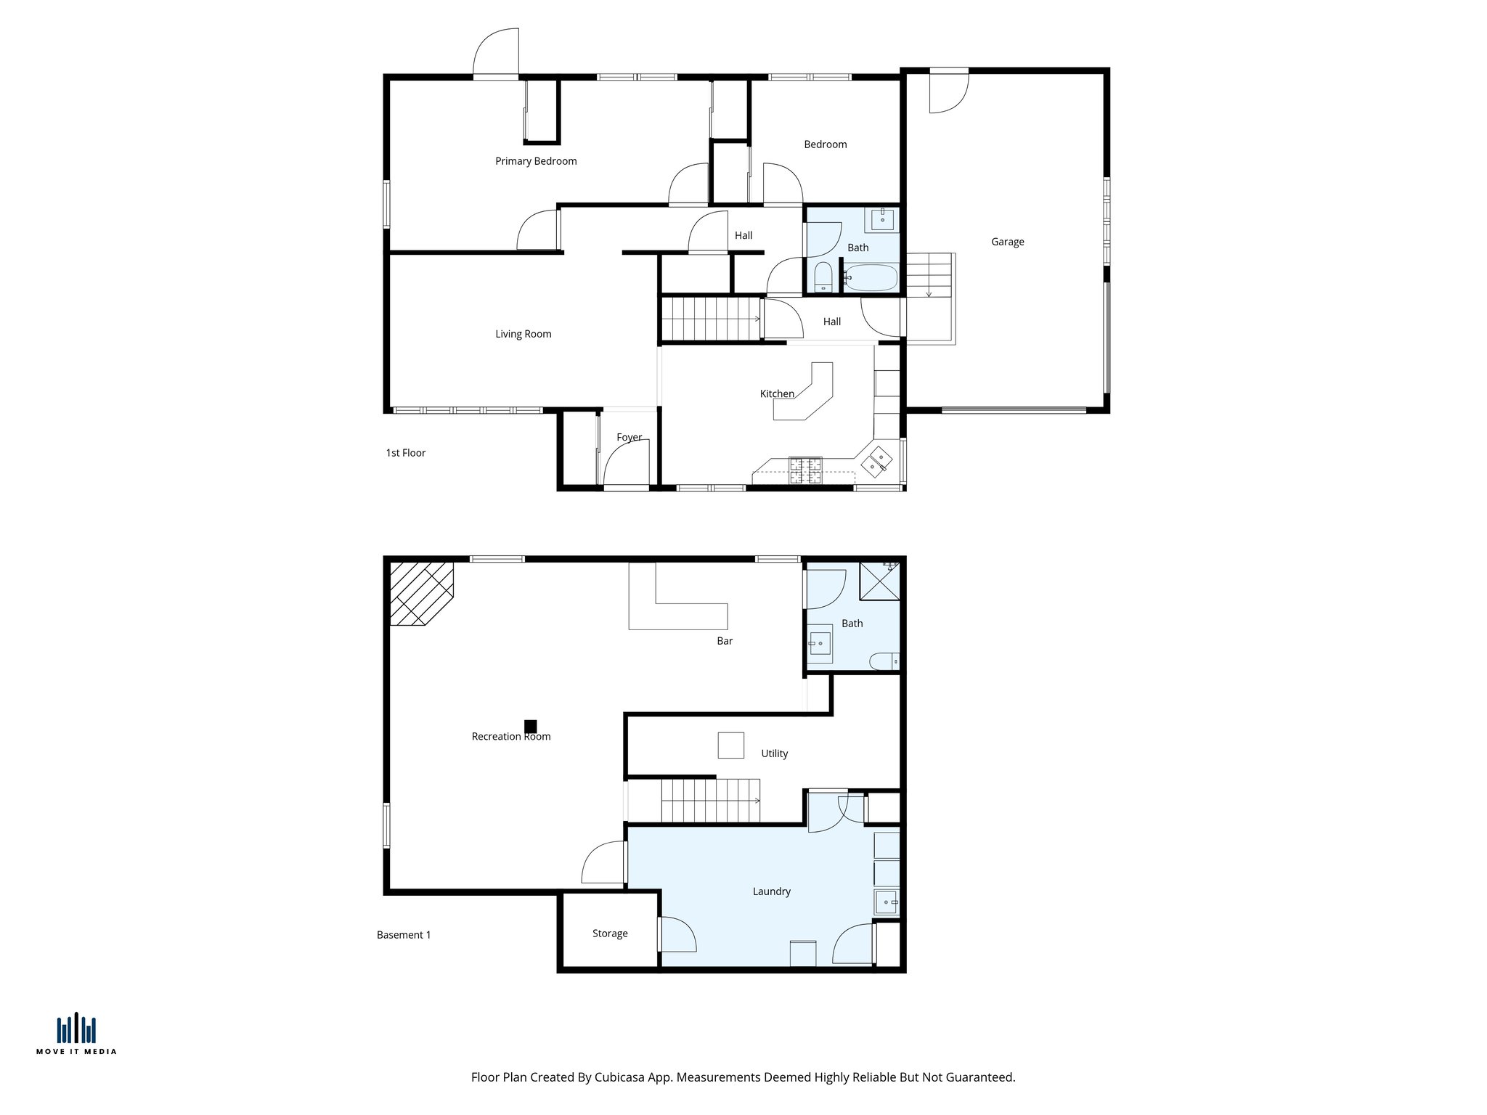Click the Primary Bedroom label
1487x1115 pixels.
point(536,161)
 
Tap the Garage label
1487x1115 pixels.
point(1007,242)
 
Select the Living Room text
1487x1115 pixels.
point(523,334)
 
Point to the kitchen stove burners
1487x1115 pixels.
point(805,470)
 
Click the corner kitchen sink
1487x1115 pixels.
point(876,462)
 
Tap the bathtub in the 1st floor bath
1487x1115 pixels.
point(871,277)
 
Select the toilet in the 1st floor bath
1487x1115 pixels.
point(823,278)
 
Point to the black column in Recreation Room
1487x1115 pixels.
point(531,726)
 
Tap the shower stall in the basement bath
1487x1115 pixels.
point(879,581)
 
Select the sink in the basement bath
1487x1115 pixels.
point(820,643)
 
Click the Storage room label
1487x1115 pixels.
point(610,934)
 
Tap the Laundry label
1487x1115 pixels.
point(771,891)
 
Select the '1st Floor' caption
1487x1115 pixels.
point(405,453)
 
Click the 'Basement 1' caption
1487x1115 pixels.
point(404,935)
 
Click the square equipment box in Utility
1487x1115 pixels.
point(730,746)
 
